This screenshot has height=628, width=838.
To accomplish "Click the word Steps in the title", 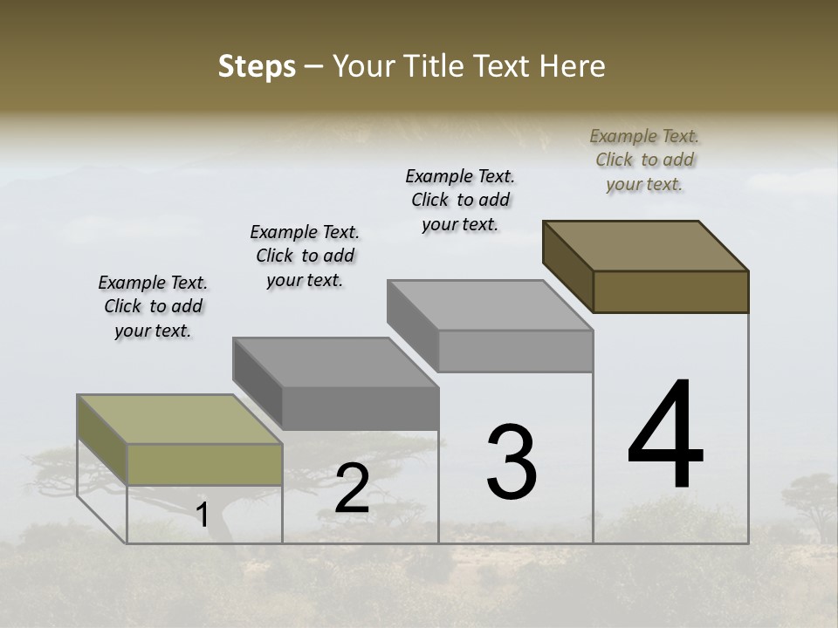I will [257, 66].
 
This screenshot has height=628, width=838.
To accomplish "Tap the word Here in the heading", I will [573, 66].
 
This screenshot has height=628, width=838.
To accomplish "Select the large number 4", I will [665, 436].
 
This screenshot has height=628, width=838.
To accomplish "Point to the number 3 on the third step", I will [512, 462].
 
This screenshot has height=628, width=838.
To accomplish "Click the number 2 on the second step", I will [352, 489].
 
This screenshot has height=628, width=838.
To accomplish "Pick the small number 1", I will [203, 515].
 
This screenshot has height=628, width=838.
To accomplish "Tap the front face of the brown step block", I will [670, 291].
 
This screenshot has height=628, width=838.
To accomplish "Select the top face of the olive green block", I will [180, 419].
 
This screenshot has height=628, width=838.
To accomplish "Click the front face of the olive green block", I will [204, 464].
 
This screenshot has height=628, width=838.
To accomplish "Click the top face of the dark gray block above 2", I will [335, 362].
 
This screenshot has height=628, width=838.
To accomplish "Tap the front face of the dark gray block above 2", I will [360, 408].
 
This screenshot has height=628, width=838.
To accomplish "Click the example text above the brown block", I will [644, 160].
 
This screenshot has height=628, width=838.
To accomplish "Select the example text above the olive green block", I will [153, 306].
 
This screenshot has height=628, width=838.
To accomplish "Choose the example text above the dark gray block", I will [305, 256].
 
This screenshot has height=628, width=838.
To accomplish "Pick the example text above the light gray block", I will [460, 200].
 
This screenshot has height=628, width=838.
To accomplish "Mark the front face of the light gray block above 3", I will [515, 351].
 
